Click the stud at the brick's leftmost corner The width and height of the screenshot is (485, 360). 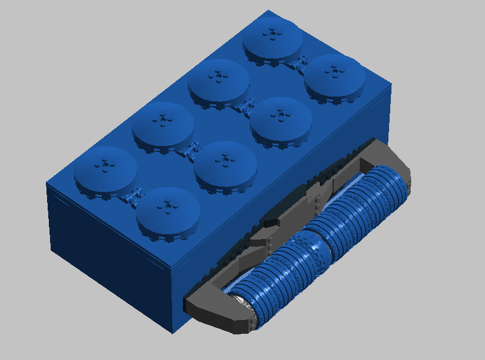tap(105, 173)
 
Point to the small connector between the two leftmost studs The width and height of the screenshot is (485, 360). tap(132, 194)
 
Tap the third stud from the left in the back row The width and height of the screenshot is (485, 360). tap(218, 83)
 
